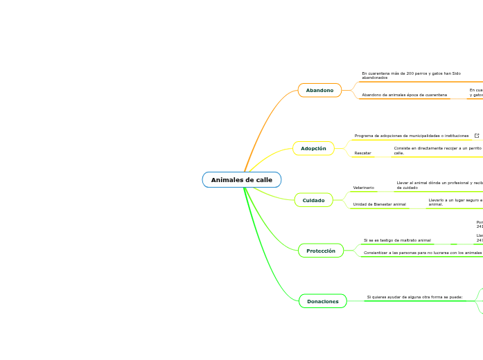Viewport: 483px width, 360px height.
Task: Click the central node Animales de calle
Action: pos(242,180)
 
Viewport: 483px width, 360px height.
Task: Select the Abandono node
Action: pos(319,90)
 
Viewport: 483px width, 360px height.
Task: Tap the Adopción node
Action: pos(313,148)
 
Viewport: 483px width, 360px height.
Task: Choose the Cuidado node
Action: pos(313,200)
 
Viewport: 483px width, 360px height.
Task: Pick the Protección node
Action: pos(320,251)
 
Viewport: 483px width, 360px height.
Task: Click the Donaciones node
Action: pos(322,301)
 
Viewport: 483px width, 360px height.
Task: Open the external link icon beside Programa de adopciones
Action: pos(477,136)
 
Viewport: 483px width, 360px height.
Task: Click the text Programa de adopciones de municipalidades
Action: pos(412,136)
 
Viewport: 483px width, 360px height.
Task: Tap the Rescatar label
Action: pos(362,153)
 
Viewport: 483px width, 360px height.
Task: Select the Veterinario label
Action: pos(364,188)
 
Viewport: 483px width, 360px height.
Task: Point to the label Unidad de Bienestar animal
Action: pos(380,204)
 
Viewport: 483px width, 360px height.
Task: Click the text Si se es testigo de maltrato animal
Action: pos(397,240)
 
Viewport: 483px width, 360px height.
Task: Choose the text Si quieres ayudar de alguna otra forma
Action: pos(414,297)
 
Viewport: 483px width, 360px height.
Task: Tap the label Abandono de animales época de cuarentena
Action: pos(404,95)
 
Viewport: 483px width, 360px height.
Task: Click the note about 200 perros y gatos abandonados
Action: pos(411,75)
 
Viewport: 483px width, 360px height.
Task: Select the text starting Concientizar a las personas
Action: pos(422,253)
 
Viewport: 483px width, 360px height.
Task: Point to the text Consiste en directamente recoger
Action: pos(437,150)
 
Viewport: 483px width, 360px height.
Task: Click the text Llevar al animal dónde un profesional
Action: pos(439,185)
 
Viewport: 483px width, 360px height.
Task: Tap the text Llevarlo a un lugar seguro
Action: pos(455,201)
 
